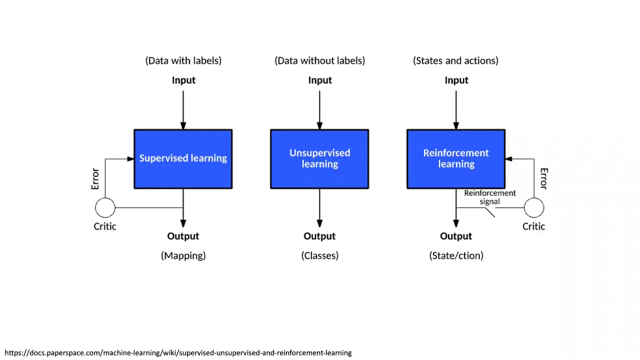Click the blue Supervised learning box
tap(183, 159)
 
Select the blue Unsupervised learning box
tap(319, 159)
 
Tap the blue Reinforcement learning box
tap(456, 159)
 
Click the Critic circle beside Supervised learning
tap(105, 207)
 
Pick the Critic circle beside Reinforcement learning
tap(534, 207)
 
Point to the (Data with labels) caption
tap(183, 60)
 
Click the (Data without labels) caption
tap(319, 60)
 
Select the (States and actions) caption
tap(455, 60)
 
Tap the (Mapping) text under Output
tap(183, 255)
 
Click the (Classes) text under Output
tap(320, 255)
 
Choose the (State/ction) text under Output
tap(456, 255)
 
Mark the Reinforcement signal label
tap(490, 197)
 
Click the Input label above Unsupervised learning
tap(320, 80)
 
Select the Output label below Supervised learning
tap(183, 236)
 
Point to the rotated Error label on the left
tap(95, 179)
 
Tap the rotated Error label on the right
tap(544, 178)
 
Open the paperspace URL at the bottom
tap(178, 353)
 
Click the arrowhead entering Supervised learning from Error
tap(130, 159)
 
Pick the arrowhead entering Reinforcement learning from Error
tap(509, 159)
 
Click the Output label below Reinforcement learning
tap(456, 236)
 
